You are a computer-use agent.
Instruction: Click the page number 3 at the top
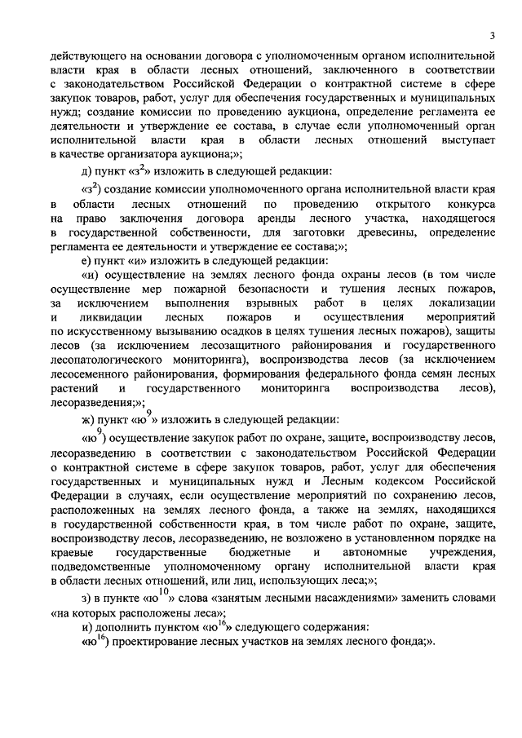493,35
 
